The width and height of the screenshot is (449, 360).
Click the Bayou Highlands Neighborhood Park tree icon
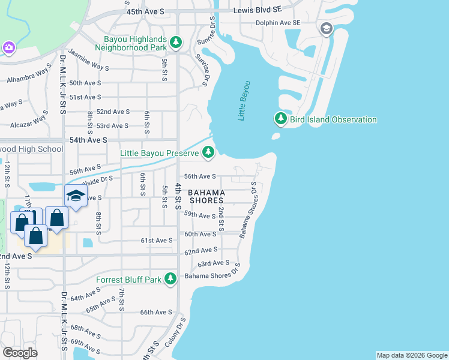[176, 42]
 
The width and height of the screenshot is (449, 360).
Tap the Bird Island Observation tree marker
[280, 119]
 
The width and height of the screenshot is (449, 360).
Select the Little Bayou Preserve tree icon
[208, 153]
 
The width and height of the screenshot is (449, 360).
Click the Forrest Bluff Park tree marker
[171, 279]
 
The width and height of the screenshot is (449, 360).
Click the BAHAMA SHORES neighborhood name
[206, 196]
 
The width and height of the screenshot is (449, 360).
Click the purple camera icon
[8, 47]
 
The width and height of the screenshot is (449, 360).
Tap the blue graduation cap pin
[76, 196]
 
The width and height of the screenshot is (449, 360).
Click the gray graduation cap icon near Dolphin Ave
[326, 28]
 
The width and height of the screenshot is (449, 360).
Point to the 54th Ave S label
[88, 139]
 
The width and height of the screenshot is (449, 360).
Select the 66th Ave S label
[155, 312]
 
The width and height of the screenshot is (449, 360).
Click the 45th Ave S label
[145, 11]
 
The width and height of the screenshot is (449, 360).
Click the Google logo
[20, 353]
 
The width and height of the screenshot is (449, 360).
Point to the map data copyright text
[411, 355]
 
